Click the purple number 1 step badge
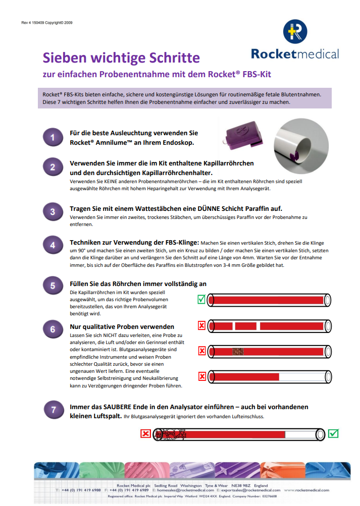[x=53, y=138]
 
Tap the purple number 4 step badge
[x=53, y=246]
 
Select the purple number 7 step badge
[x=53, y=410]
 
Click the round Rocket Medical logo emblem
[x=294, y=31]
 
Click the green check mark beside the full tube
[x=201, y=300]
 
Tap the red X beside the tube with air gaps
[x=201, y=326]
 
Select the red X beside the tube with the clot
[x=201, y=351]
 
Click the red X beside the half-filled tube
[x=201, y=376]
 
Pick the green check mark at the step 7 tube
[x=333, y=433]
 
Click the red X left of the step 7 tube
[x=145, y=433]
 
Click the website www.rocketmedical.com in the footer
[x=310, y=490]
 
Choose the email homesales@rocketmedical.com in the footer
[x=186, y=490]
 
